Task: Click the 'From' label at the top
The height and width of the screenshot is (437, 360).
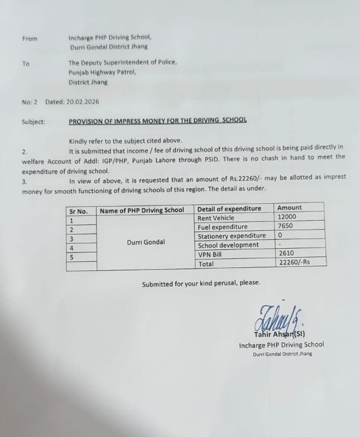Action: (x=29, y=39)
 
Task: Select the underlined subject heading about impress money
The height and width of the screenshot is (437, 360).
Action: (x=158, y=120)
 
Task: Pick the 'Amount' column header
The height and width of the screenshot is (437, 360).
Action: (x=290, y=208)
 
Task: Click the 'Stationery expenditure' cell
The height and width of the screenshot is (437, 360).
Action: (x=231, y=236)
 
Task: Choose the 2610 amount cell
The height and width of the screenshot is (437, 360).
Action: (x=286, y=254)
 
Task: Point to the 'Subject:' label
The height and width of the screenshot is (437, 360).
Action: (x=33, y=121)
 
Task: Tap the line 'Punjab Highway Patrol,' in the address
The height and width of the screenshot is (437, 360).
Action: (x=103, y=72)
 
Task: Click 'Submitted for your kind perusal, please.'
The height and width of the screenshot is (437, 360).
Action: (x=201, y=284)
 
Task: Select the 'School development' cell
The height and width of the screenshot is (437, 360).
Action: (x=228, y=245)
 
